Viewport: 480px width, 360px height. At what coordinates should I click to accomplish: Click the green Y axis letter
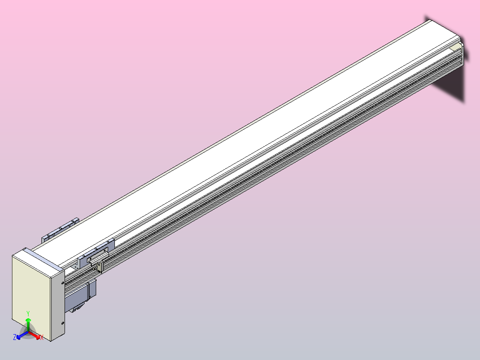coord(28,313)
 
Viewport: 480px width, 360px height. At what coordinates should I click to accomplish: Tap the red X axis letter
coord(42,338)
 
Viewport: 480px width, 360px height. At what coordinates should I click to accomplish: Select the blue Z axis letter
coord(15,337)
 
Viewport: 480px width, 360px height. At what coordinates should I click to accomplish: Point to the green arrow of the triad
coord(28,325)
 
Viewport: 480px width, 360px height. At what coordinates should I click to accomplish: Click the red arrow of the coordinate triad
coord(34,335)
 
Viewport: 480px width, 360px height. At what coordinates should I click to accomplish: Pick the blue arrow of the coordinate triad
coord(22,335)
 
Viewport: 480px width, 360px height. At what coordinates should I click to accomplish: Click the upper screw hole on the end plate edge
coord(63,283)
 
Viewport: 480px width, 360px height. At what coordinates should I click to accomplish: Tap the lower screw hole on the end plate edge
coord(62,323)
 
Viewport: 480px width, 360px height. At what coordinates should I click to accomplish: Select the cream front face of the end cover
coord(31,296)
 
